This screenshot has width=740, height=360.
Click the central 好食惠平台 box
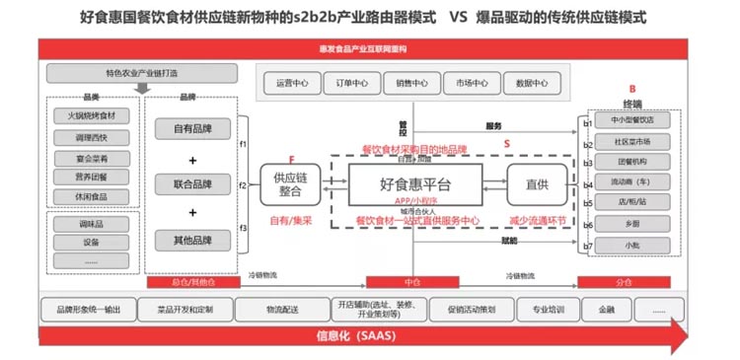[x=414, y=184]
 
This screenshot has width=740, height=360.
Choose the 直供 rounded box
[x=537, y=184]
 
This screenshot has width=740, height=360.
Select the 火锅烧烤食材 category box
[x=91, y=115]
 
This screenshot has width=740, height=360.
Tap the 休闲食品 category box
[x=91, y=196]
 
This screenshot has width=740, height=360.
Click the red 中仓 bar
[x=412, y=282]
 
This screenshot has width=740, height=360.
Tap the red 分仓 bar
[x=623, y=282]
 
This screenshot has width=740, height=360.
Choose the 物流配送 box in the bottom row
[x=280, y=309]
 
